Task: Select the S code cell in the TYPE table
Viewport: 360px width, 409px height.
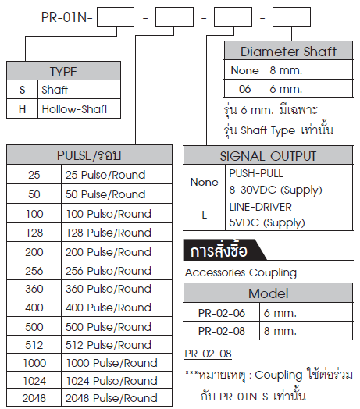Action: click(x=22, y=90)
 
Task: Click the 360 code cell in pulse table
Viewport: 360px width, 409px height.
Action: click(x=34, y=289)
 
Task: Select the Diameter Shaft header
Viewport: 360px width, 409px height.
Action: click(x=288, y=52)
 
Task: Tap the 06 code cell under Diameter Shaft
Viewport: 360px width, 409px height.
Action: click(x=244, y=89)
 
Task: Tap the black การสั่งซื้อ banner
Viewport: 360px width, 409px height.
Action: click(x=225, y=251)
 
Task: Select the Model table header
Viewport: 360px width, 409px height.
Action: click(x=268, y=293)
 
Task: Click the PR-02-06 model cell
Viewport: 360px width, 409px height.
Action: click(x=221, y=312)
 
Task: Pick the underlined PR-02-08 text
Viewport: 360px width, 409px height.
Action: click(x=208, y=354)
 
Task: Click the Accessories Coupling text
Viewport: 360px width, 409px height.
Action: click(x=241, y=273)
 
